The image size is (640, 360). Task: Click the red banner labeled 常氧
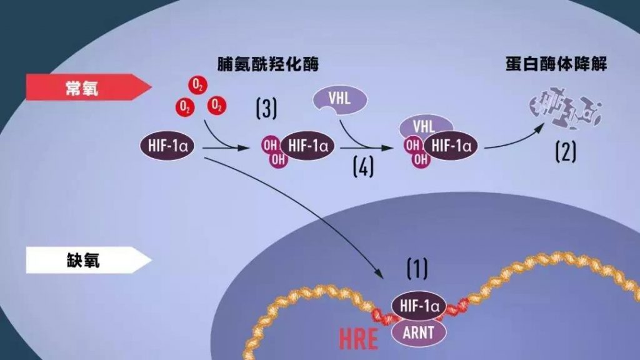point(88,87)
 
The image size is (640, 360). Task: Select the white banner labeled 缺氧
point(88,260)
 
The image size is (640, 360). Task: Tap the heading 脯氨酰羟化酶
point(267,64)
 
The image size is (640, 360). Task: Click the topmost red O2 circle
point(198,85)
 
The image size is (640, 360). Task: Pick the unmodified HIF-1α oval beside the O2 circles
point(167,146)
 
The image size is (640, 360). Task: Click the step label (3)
point(266,108)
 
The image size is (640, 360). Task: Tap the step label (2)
point(566,151)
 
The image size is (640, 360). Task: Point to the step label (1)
point(417,268)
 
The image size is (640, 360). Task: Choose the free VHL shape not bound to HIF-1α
point(339,100)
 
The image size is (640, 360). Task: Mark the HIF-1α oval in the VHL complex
point(451,146)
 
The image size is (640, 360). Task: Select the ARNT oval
point(419,332)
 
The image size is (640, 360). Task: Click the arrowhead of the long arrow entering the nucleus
point(379,274)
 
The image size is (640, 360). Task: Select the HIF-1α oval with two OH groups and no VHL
point(307,146)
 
